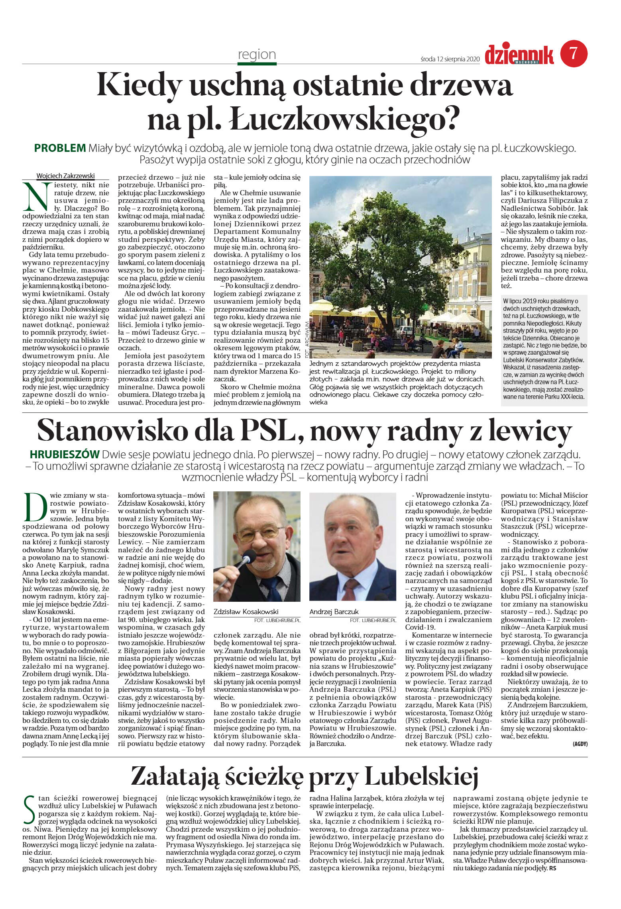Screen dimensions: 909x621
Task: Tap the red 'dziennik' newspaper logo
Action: pyautogui.click(x=519, y=55)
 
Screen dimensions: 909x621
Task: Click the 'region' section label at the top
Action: pyautogui.click(x=257, y=54)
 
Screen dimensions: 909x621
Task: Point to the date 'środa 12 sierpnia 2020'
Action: pyautogui.click(x=449, y=59)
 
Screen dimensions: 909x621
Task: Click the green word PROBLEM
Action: pyautogui.click(x=60, y=148)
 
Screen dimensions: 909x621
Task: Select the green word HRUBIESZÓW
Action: pyautogui.click(x=64, y=454)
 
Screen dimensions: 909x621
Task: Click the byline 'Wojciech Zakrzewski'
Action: pyautogui.click(x=65, y=176)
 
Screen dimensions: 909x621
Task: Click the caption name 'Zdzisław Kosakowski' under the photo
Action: pyautogui.click(x=246, y=611)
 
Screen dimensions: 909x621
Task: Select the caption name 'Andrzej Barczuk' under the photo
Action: pyautogui.click(x=334, y=611)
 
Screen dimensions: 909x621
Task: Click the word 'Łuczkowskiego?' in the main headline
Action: pyautogui.click(x=344, y=119)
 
